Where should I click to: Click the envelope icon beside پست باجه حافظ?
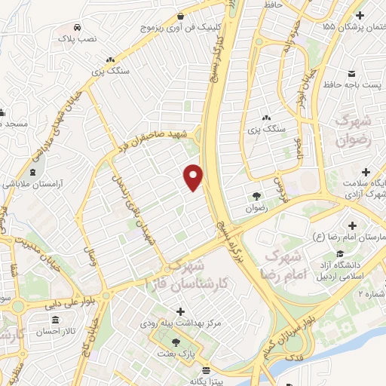click(352, 73)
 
